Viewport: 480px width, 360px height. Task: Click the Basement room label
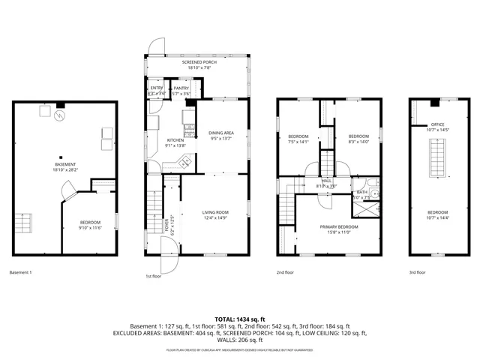point(64,166)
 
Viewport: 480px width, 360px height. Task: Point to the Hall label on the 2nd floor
point(327,183)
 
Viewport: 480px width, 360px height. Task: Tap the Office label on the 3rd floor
point(437,127)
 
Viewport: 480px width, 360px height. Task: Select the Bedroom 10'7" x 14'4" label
point(437,214)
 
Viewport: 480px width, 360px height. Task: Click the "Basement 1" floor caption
point(20,272)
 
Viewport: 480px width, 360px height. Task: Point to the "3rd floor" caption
point(417,272)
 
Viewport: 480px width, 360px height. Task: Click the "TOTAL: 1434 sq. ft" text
point(240,319)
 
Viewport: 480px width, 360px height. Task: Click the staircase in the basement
point(25,223)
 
